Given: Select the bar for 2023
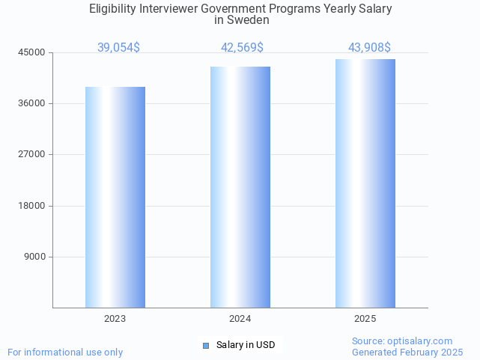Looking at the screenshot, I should (115, 197).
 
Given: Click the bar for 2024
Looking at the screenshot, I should (240, 187).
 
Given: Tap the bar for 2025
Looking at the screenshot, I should (365, 183).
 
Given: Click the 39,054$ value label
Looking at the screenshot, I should (118, 48).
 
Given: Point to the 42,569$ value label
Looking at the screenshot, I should (242, 48).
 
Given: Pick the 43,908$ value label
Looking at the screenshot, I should (369, 48).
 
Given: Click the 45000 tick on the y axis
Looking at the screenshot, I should (32, 52).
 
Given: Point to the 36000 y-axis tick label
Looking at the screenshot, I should (32, 103).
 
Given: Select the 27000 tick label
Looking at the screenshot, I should (32, 154).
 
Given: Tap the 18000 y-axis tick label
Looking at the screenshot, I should (32, 206).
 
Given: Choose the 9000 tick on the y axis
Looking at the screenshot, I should (35, 257).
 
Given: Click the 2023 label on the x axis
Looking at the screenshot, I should (115, 319).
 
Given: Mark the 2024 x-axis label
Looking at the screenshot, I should (240, 319).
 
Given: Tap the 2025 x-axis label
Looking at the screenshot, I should (365, 319).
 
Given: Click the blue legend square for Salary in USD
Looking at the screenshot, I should (206, 345).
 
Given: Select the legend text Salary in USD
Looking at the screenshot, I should (246, 345).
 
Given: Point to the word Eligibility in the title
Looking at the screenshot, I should (112, 9).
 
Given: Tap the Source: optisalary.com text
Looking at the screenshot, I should (402, 341).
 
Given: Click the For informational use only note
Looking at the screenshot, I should (65, 352).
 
